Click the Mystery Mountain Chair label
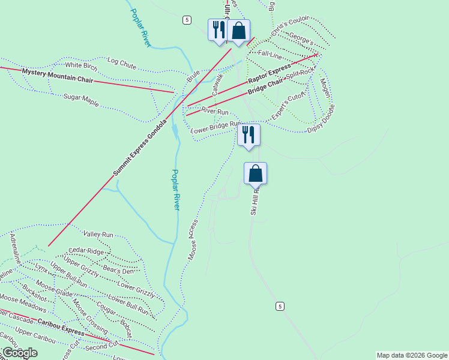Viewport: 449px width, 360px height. point(58,76)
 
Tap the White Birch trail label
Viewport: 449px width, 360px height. point(81,65)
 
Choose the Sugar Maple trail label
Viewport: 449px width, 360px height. point(81,100)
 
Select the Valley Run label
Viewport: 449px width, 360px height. point(98,235)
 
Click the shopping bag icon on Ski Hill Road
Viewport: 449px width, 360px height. point(255,173)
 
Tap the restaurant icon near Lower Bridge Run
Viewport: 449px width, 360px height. point(249,135)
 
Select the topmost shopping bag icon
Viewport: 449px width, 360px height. point(238,31)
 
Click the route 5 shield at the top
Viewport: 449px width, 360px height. point(187,20)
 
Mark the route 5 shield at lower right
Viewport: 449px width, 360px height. point(280,307)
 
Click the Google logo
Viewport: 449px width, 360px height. point(19,353)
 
